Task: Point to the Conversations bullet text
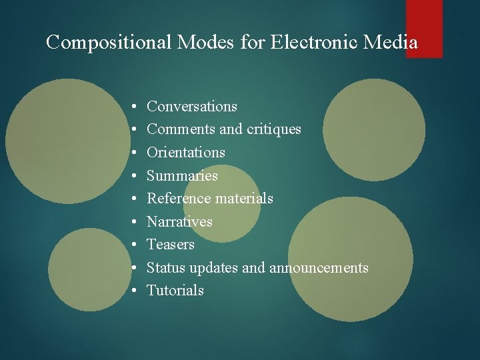[192, 107]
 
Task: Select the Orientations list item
[186, 153]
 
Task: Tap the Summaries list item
[182, 176]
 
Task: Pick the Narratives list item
[179, 221]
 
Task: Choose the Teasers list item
[171, 245]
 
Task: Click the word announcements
[319, 268]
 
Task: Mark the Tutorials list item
[175, 291]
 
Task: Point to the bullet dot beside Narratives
[134, 222]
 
